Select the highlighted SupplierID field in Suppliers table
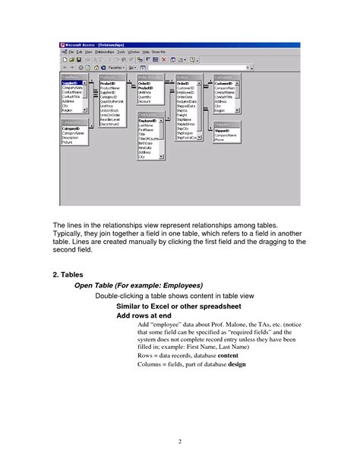point(71,84)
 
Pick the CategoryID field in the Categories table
point(71,128)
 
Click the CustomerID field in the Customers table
point(225,84)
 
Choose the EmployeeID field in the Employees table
point(149,120)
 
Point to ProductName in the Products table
point(111,88)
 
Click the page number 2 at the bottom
point(180,441)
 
